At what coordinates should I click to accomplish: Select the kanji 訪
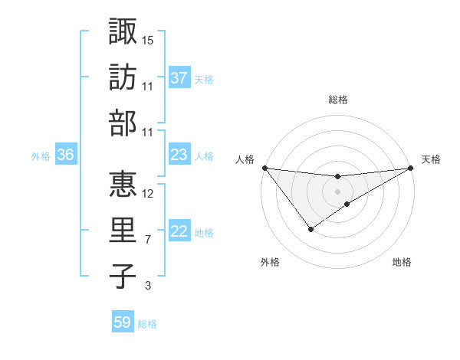tap(123, 78)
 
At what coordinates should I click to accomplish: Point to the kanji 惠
tap(123, 184)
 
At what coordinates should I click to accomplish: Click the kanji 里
tap(123, 231)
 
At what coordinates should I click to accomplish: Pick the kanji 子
tap(123, 277)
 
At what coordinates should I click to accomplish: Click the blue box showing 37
tap(179, 78)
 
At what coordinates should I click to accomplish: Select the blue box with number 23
tap(179, 155)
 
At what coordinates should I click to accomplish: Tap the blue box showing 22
tap(179, 231)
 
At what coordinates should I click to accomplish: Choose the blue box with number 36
tap(65, 155)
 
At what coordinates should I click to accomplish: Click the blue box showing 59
tap(123, 322)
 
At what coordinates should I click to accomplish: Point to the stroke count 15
tap(148, 39)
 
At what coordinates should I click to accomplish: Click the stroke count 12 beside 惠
tap(148, 193)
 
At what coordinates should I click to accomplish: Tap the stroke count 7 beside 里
tap(147, 240)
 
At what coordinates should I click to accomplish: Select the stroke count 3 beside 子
tap(147, 286)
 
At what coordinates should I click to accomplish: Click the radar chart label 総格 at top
tap(337, 100)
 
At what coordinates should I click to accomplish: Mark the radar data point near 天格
tap(411, 168)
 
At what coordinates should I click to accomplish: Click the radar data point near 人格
tap(264, 168)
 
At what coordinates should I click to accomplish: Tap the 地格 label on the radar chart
tap(402, 262)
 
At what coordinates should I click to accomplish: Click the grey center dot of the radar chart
tap(337, 191)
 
